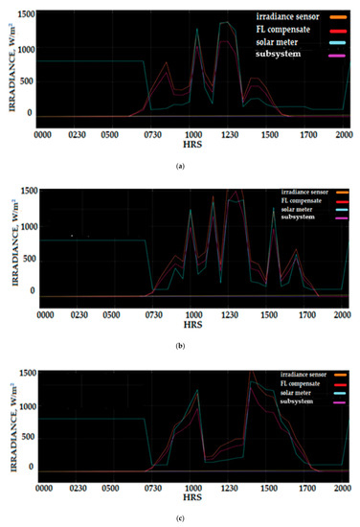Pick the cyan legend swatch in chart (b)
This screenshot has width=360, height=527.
tap(340, 218)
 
